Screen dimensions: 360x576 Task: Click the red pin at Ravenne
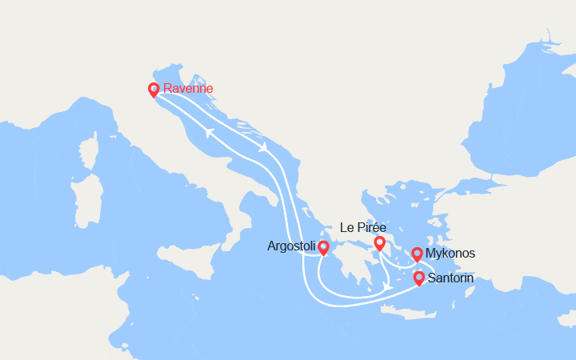click(154, 90)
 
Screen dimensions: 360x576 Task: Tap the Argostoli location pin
click(323, 248)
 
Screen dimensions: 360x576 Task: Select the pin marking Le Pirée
click(379, 242)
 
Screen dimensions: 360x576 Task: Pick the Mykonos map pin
click(417, 254)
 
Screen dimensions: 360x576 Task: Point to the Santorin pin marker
click(418, 278)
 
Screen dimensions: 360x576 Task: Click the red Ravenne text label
click(188, 89)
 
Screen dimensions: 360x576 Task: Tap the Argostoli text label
click(291, 247)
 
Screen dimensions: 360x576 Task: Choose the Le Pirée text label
click(363, 227)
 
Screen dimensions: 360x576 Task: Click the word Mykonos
click(451, 254)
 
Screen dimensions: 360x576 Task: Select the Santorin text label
click(450, 278)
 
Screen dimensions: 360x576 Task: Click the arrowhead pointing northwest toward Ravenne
click(209, 133)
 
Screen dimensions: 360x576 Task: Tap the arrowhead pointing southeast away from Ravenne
click(262, 147)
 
